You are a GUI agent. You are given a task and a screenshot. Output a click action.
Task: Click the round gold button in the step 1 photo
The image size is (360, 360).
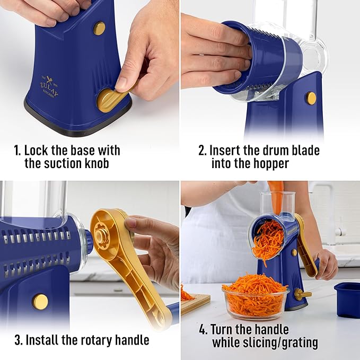tap(99, 28)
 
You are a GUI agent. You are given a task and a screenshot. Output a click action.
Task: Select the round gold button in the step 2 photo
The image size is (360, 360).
tap(311, 98)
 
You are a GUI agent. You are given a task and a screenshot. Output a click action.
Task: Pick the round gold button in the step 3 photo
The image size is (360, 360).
tap(40, 301)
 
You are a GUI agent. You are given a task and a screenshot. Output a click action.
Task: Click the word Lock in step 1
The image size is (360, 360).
tap(37, 150)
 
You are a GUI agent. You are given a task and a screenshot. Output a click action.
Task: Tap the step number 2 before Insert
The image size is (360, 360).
tap(202, 150)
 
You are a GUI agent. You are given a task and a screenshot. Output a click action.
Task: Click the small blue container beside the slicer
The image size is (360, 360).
tap(347, 299)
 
